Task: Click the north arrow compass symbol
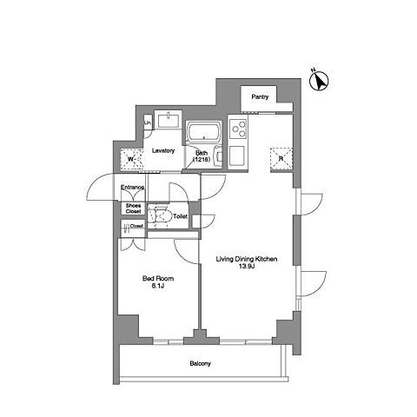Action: pos(319,81)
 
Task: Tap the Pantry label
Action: pos(260,97)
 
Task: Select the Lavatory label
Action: pos(163,150)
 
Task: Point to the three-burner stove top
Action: pos(238,129)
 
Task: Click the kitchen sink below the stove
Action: pos(237,156)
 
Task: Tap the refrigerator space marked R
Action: pos(281,158)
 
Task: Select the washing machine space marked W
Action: pos(132,159)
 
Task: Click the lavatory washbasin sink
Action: pos(168,121)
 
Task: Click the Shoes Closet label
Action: pos(133,208)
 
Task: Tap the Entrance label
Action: pos(132,188)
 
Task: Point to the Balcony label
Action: pos(201,363)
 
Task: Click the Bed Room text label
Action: pos(158,279)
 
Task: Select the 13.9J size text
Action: pos(247,267)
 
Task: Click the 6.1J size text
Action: pos(158,287)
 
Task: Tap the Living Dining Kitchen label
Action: pos(247,259)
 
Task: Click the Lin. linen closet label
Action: pos(148,122)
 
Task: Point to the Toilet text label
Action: pos(180,216)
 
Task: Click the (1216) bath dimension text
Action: pos(201,159)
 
